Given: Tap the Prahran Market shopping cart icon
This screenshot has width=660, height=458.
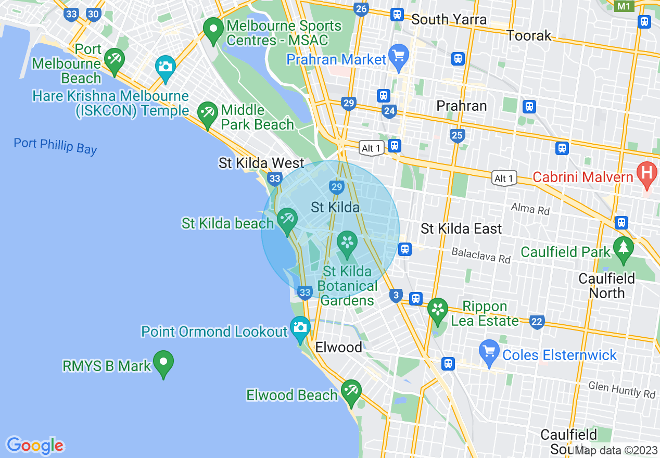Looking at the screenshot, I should (x=399, y=56).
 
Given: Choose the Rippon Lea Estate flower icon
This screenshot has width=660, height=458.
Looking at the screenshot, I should (x=438, y=310).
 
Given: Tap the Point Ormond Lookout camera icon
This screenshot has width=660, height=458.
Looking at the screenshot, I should (x=300, y=328).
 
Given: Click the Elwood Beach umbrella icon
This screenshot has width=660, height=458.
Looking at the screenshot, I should (x=351, y=391).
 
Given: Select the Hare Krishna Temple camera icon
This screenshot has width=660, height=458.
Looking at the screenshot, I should (x=166, y=68).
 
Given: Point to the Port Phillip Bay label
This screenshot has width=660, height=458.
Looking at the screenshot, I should (x=55, y=146).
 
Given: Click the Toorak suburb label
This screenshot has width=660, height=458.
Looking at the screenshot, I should (x=529, y=35).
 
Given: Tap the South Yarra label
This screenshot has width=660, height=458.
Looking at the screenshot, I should (x=449, y=20).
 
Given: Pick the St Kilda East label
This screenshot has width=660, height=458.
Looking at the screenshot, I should (x=461, y=228).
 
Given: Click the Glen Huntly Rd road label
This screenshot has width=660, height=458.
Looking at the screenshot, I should (x=621, y=389).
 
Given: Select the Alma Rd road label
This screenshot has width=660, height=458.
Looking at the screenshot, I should (x=530, y=209).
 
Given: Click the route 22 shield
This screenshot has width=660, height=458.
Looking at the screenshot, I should (x=537, y=322).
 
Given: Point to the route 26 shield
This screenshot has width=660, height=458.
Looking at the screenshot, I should (x=361, y=9).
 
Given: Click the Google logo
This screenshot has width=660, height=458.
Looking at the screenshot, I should (x=35, y=446).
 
